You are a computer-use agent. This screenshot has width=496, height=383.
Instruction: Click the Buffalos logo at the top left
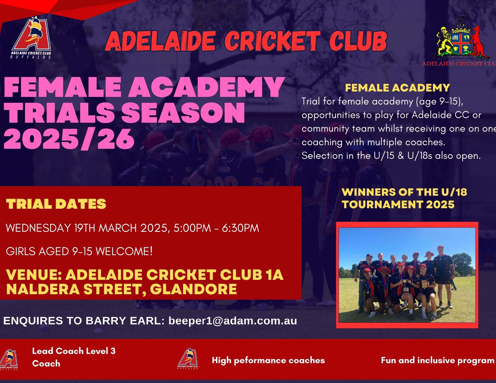coord(31,38)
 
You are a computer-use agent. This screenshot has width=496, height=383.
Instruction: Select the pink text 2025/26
coord(69,139)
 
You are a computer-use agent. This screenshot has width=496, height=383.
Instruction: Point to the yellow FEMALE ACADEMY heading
coord(397,88)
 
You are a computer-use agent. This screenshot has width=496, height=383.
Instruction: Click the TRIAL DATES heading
coord(56,204)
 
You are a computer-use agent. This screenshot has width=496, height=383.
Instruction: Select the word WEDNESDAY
coord(39,228)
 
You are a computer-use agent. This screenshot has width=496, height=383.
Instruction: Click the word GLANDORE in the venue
coord(193,289)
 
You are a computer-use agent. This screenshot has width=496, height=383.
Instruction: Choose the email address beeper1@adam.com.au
coord(233,321)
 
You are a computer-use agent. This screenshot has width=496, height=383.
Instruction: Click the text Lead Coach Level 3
coord(74,351)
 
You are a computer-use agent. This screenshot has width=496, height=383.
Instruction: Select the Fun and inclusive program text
coord(438,360)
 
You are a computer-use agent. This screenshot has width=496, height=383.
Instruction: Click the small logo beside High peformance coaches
coord(188,359)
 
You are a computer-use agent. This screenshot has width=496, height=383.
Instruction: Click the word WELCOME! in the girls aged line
coord(124,251)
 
